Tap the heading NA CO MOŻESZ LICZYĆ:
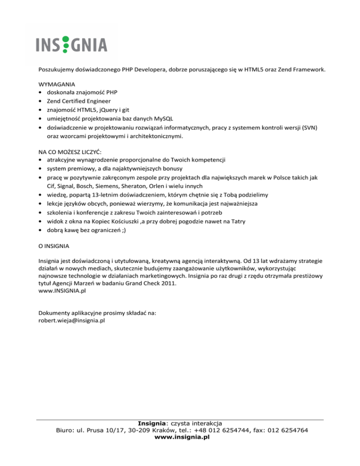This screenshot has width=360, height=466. (72, 152)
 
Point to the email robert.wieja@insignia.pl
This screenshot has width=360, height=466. (71, 321)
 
